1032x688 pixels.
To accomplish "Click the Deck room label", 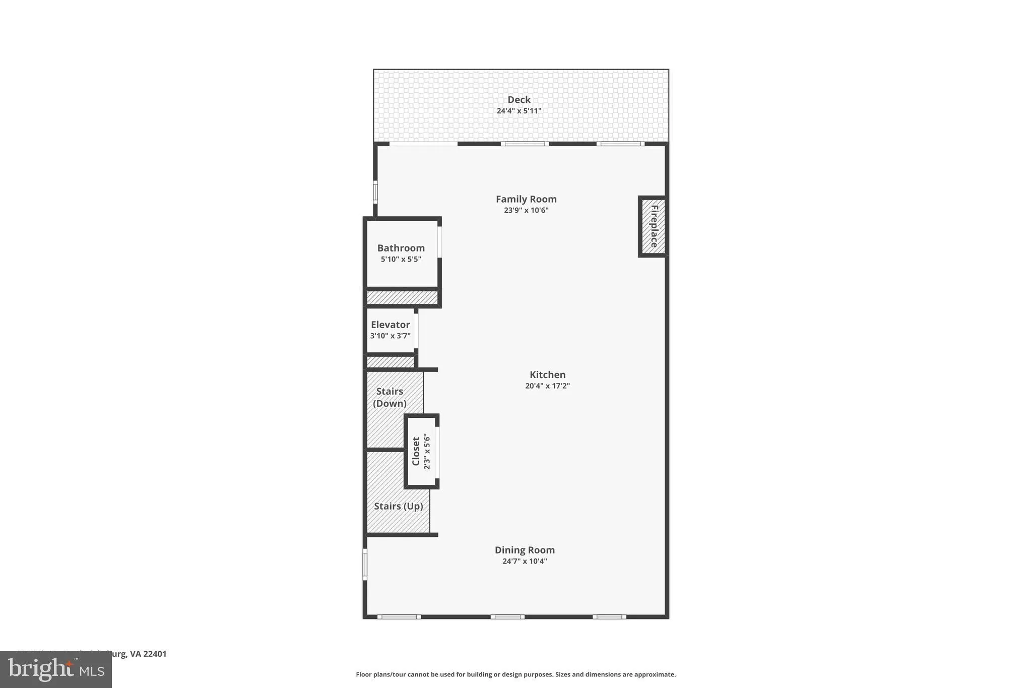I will click(x=519, y=100).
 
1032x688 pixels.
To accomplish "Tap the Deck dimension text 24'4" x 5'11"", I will click(x=519, y=111).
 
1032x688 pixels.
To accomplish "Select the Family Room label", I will click(x=526, y=199).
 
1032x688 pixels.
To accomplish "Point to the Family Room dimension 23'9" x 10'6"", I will click(x=526, y=210).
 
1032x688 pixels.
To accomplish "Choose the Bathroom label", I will click(x=401, y=248).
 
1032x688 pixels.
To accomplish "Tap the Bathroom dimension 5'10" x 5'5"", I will click(x=401, y=259).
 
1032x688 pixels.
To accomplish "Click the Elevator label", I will click(x=390, y=325).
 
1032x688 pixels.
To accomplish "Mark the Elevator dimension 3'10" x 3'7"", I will click(x=390, y=336).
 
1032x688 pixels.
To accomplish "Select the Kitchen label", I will click(x=547, y=374).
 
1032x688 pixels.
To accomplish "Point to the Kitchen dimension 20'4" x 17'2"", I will click(x=547, y=386).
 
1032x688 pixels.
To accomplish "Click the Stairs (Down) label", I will click(x=390, y=397).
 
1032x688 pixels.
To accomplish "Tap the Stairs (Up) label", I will click(x=398, y=506).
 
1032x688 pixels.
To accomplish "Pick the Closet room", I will click(x=421, y=452).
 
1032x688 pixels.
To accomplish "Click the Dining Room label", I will click(x=525, y=550).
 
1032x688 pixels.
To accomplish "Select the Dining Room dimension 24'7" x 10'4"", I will click(x=525, y=561).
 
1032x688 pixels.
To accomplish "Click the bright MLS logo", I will click(x=56, y=670).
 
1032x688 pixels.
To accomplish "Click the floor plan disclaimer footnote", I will click(x=515, y=674).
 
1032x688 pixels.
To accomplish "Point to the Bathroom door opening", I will click(x=439, y=242).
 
